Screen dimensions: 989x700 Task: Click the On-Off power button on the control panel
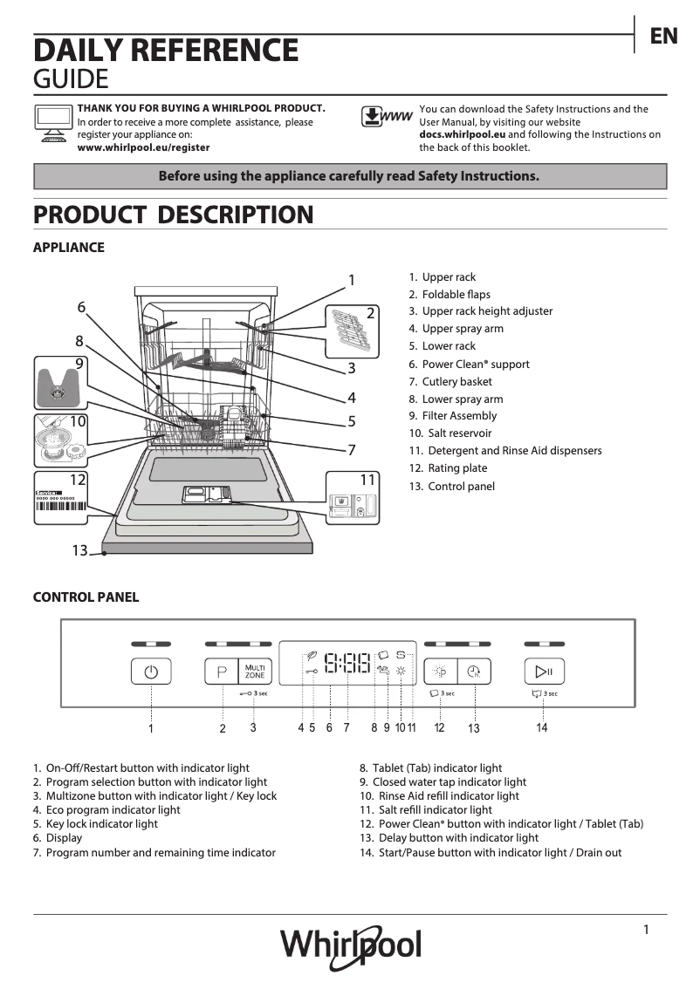(x=151, y=672)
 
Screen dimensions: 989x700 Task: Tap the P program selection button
(x=222, y=672)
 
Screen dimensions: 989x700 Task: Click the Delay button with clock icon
(x=474, y=672)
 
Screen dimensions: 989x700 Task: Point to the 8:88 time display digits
(x=347, y=665)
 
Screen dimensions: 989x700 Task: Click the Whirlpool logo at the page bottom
(x=350, y=945)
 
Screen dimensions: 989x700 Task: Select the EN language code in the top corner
(x=663, y=36)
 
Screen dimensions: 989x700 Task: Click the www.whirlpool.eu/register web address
(x=143, y=148)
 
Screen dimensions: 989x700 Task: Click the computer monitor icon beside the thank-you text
(x=51, y=122)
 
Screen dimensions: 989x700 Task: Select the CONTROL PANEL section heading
(x=86, y=597)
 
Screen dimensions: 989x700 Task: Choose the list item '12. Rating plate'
(x=448, y=468)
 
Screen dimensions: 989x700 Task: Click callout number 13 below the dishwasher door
(x=79, y=550)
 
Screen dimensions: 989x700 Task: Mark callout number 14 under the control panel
(x=542, y=727)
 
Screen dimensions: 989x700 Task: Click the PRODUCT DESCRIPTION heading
(x=173, y=215)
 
